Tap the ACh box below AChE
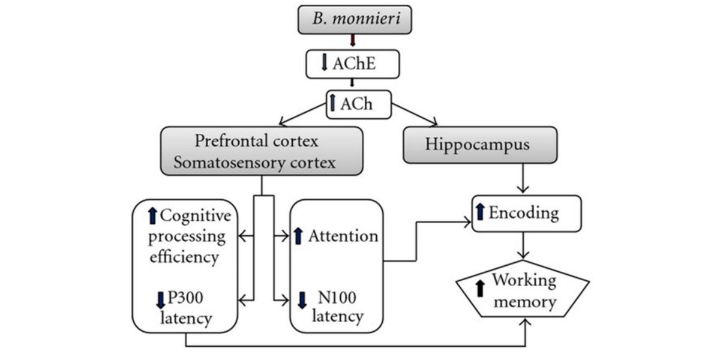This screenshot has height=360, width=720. pos(358,104)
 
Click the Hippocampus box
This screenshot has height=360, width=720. pos(479,145)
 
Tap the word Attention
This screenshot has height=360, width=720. pos(343,236)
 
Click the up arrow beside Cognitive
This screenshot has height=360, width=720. pos(152,214)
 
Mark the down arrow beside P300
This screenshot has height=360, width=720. pos(160,298)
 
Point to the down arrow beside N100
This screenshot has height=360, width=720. pos(302,298)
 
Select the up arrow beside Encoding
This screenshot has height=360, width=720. pos(479,211)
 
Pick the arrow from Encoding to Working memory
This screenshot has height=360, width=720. pos(526,246)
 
